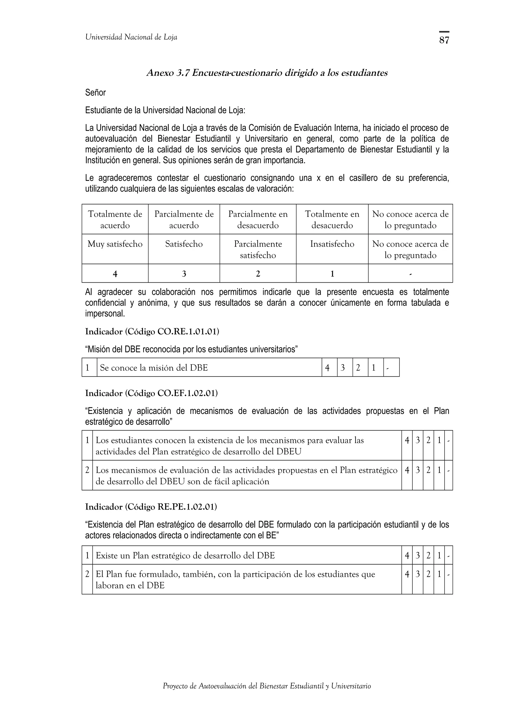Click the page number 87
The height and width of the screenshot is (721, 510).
444,40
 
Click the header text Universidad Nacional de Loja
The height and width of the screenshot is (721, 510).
131,37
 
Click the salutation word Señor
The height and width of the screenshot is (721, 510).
96,93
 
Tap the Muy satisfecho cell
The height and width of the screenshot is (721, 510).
115,244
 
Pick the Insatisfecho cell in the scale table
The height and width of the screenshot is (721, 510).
332,244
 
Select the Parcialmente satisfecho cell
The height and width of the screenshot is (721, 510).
258,249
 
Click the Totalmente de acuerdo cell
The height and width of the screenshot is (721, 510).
115,219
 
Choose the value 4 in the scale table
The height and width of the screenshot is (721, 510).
115,274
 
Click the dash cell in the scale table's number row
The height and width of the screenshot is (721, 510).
410,274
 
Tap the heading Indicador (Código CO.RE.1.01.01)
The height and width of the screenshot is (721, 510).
152,332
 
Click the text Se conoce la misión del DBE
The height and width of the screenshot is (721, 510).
154,368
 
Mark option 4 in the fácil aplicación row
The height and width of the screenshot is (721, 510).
407,470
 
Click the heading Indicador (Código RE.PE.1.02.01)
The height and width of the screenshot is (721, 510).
151,507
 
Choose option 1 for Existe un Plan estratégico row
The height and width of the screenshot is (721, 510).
439,556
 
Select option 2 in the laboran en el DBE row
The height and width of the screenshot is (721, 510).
428,574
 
